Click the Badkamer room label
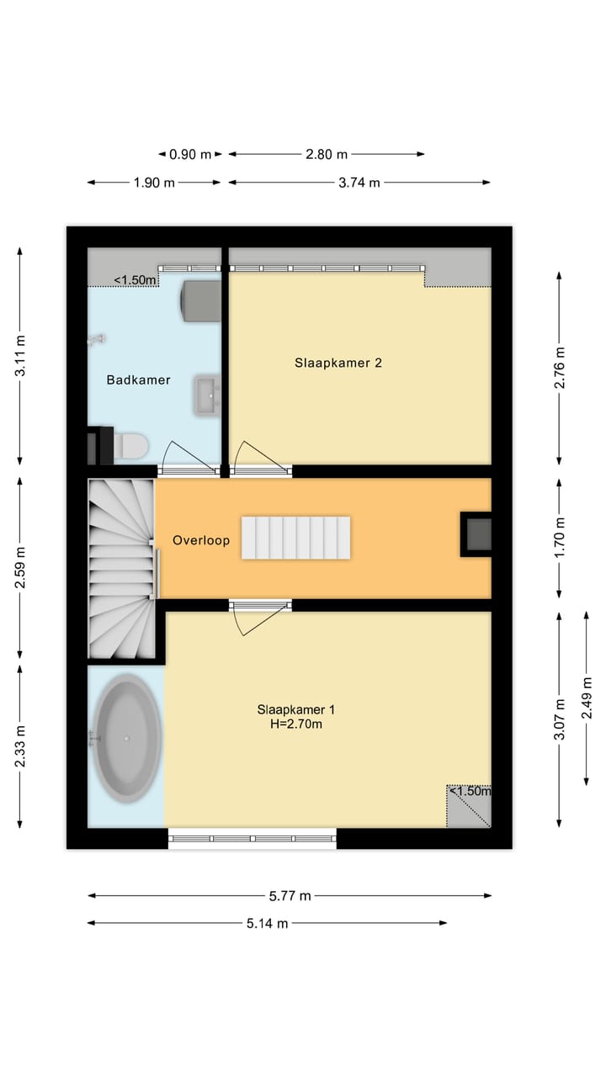pos(138,379)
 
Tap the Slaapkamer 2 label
pos(338,363)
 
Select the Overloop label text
pos(201,540)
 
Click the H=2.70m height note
pos(290,724)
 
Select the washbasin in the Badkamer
pos(206,395)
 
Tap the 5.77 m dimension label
pos(290,896)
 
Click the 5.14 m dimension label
pos(267,923)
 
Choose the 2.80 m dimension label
pos(326,154)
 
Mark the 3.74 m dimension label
pos(359,182)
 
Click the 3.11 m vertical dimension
pos(21,355)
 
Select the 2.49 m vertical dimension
pos(587,698)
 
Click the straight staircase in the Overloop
pos(296,538)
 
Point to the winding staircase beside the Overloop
pos(121,568)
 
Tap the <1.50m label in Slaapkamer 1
pos(469,791)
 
